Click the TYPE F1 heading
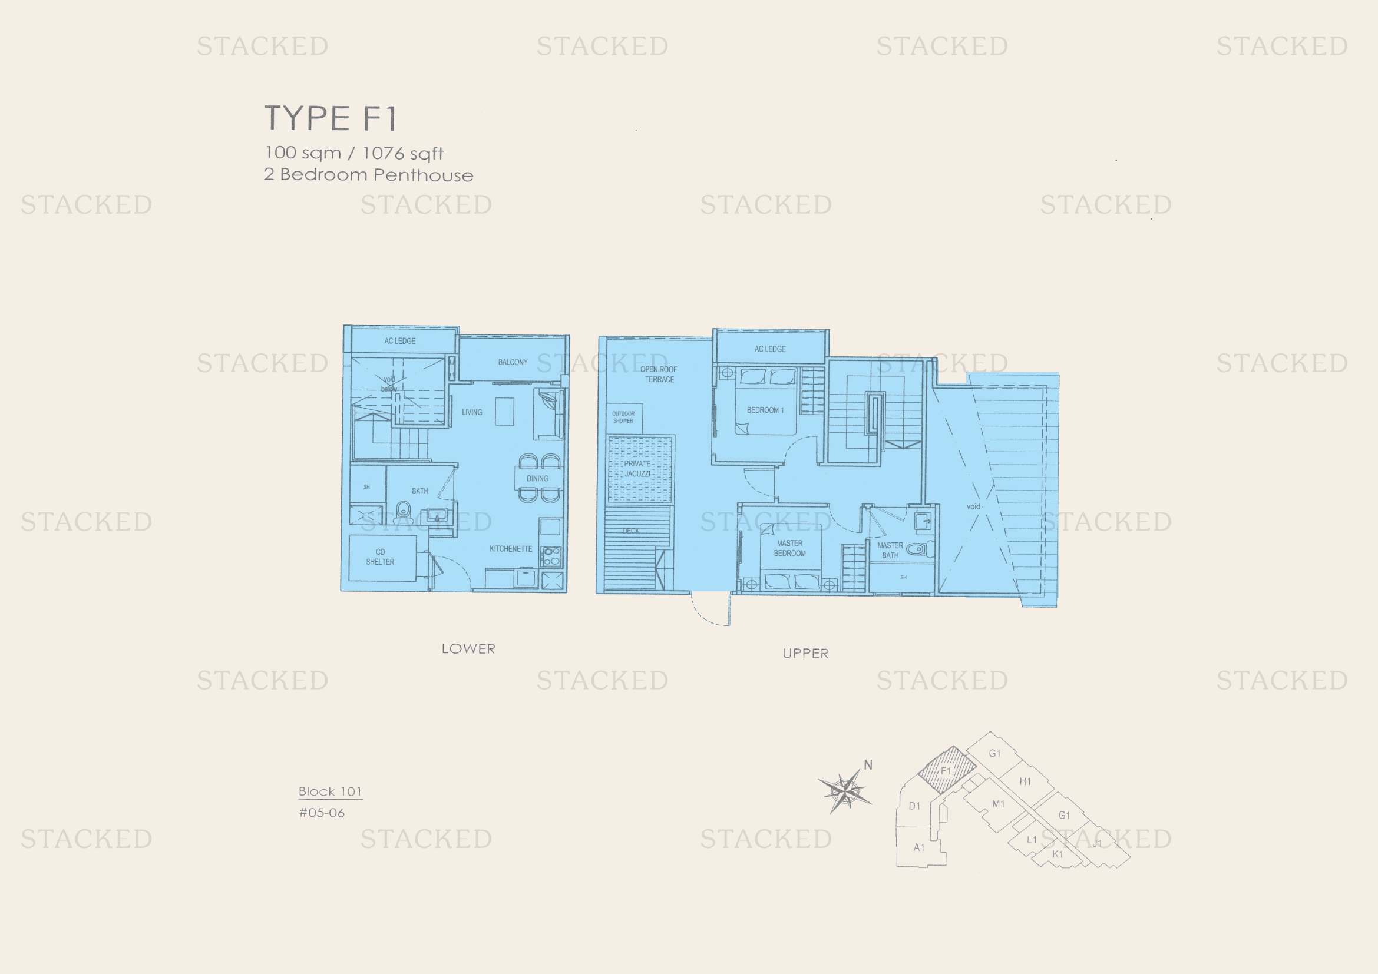tap(331, 118)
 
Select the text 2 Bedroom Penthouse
tap(368, 175)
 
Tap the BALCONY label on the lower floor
tap(513, 362)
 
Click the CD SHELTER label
tap(380, 556)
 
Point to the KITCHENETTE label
tap(511, 549)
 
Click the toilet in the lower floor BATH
tap(404, 512)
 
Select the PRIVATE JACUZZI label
tap(637, 468)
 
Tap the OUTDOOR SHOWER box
tap(623, 418)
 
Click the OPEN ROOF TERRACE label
tap(659, 375)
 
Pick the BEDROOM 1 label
tap(765, 410)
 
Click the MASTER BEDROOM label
tap(789, 548)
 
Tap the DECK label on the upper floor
tap(630, 531)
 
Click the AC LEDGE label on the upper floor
tap(770, 349)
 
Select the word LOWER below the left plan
tap(468, 649)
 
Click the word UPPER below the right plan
tap(805, 654)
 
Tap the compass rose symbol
tap(845, 791)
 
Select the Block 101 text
tap(330, 791)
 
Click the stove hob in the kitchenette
tap(551, 556)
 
